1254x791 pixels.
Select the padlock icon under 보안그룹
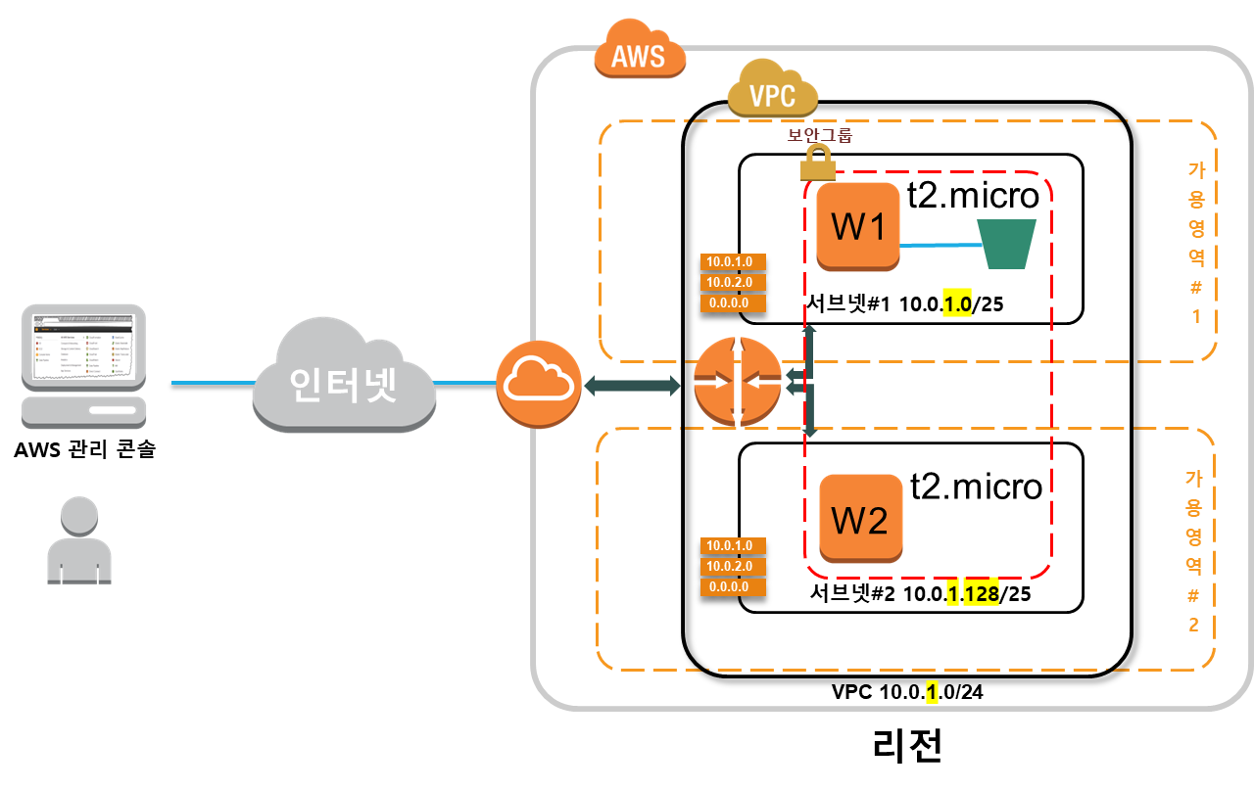[817, 163]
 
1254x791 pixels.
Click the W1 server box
[858, 226]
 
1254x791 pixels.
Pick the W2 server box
[860, 519]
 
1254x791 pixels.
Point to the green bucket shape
[1006, 244]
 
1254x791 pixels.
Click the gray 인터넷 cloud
[343, 380]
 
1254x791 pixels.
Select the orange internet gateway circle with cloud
[539, 384]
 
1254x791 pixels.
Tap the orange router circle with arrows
[737, 382]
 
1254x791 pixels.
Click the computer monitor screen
[83, 346]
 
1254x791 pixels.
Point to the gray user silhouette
[79, 541]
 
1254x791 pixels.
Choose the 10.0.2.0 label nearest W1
[733, 283]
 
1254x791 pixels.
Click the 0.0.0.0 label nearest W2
[733, 587]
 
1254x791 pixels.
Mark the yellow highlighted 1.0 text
[957, 304]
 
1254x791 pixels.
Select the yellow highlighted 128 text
[981, 594]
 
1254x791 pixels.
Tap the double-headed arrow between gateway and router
[632, 386]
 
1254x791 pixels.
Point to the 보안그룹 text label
[820, 135]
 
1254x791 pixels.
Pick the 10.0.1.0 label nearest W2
[733, 545]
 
